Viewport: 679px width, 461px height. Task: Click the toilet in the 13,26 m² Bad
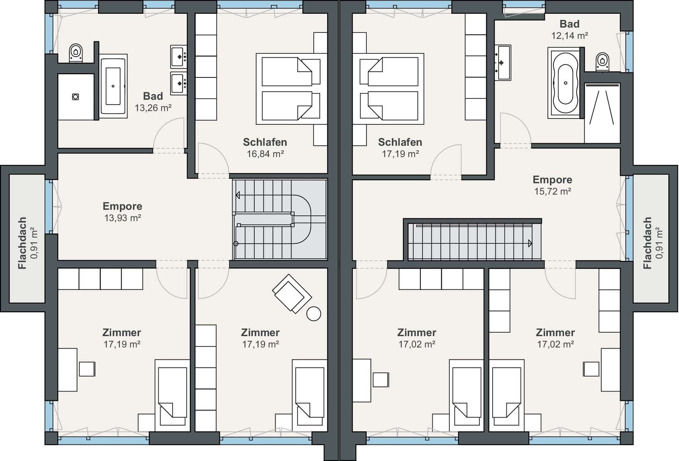pyautogui.click(x=76, y=53)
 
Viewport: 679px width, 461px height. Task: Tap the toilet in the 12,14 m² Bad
pyautogui.click(x=602, y=62)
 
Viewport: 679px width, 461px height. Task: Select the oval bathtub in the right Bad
pyautogui.click(x=565, y=83)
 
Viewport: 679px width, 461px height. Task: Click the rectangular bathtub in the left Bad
pyautogui.click(x=113, y=86)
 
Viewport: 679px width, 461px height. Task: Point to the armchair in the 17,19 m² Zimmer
pyautogui.click(x=292, y=294)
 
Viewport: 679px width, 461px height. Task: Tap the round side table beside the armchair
pyautogui.click(x=314, y=314)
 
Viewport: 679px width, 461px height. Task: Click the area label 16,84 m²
pyautogui.click(x=265, y=154)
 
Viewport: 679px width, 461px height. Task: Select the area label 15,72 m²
pyautogui.click(x=553, y=192)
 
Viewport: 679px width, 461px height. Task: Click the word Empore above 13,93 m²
pyautogui.click(x=122, y=206)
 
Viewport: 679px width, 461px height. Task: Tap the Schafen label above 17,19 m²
pyautogui.click(x=400, y=142)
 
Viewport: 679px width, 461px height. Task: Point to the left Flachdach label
pyautogui.click(x=22, y=243)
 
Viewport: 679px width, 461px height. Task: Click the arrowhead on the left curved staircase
pyautogui.click(x=238, y=195)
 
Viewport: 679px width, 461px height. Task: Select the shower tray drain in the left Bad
pyautogui.click(x=75, y=97)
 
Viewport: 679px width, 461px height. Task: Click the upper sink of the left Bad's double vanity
pyautogui.click(x=178, y=57)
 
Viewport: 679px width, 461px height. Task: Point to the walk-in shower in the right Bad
pyautogui.click(x=602, y=113)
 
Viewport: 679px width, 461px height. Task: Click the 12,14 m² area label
pyautogui.click(x=570, y=36)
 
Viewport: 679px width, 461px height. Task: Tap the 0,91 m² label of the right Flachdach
pyautogui.click(x=659, y=243)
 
